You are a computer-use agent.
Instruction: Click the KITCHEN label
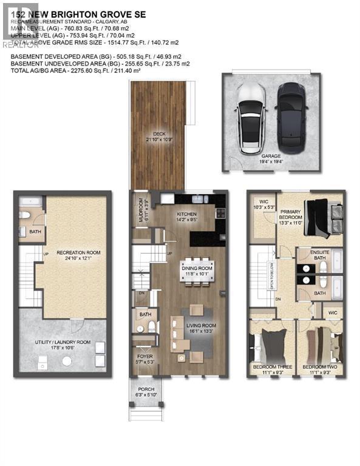coord(187,214)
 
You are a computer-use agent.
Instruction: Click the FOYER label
coord(144,357)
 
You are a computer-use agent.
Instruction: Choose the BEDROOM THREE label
coord(271,368)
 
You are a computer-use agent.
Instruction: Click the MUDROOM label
coord(139,209)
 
